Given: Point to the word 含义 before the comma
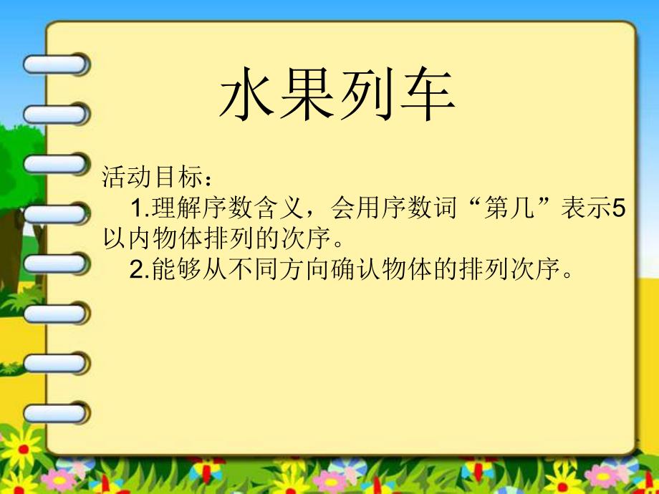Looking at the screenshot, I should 279,209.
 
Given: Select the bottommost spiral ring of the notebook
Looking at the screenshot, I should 55,412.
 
